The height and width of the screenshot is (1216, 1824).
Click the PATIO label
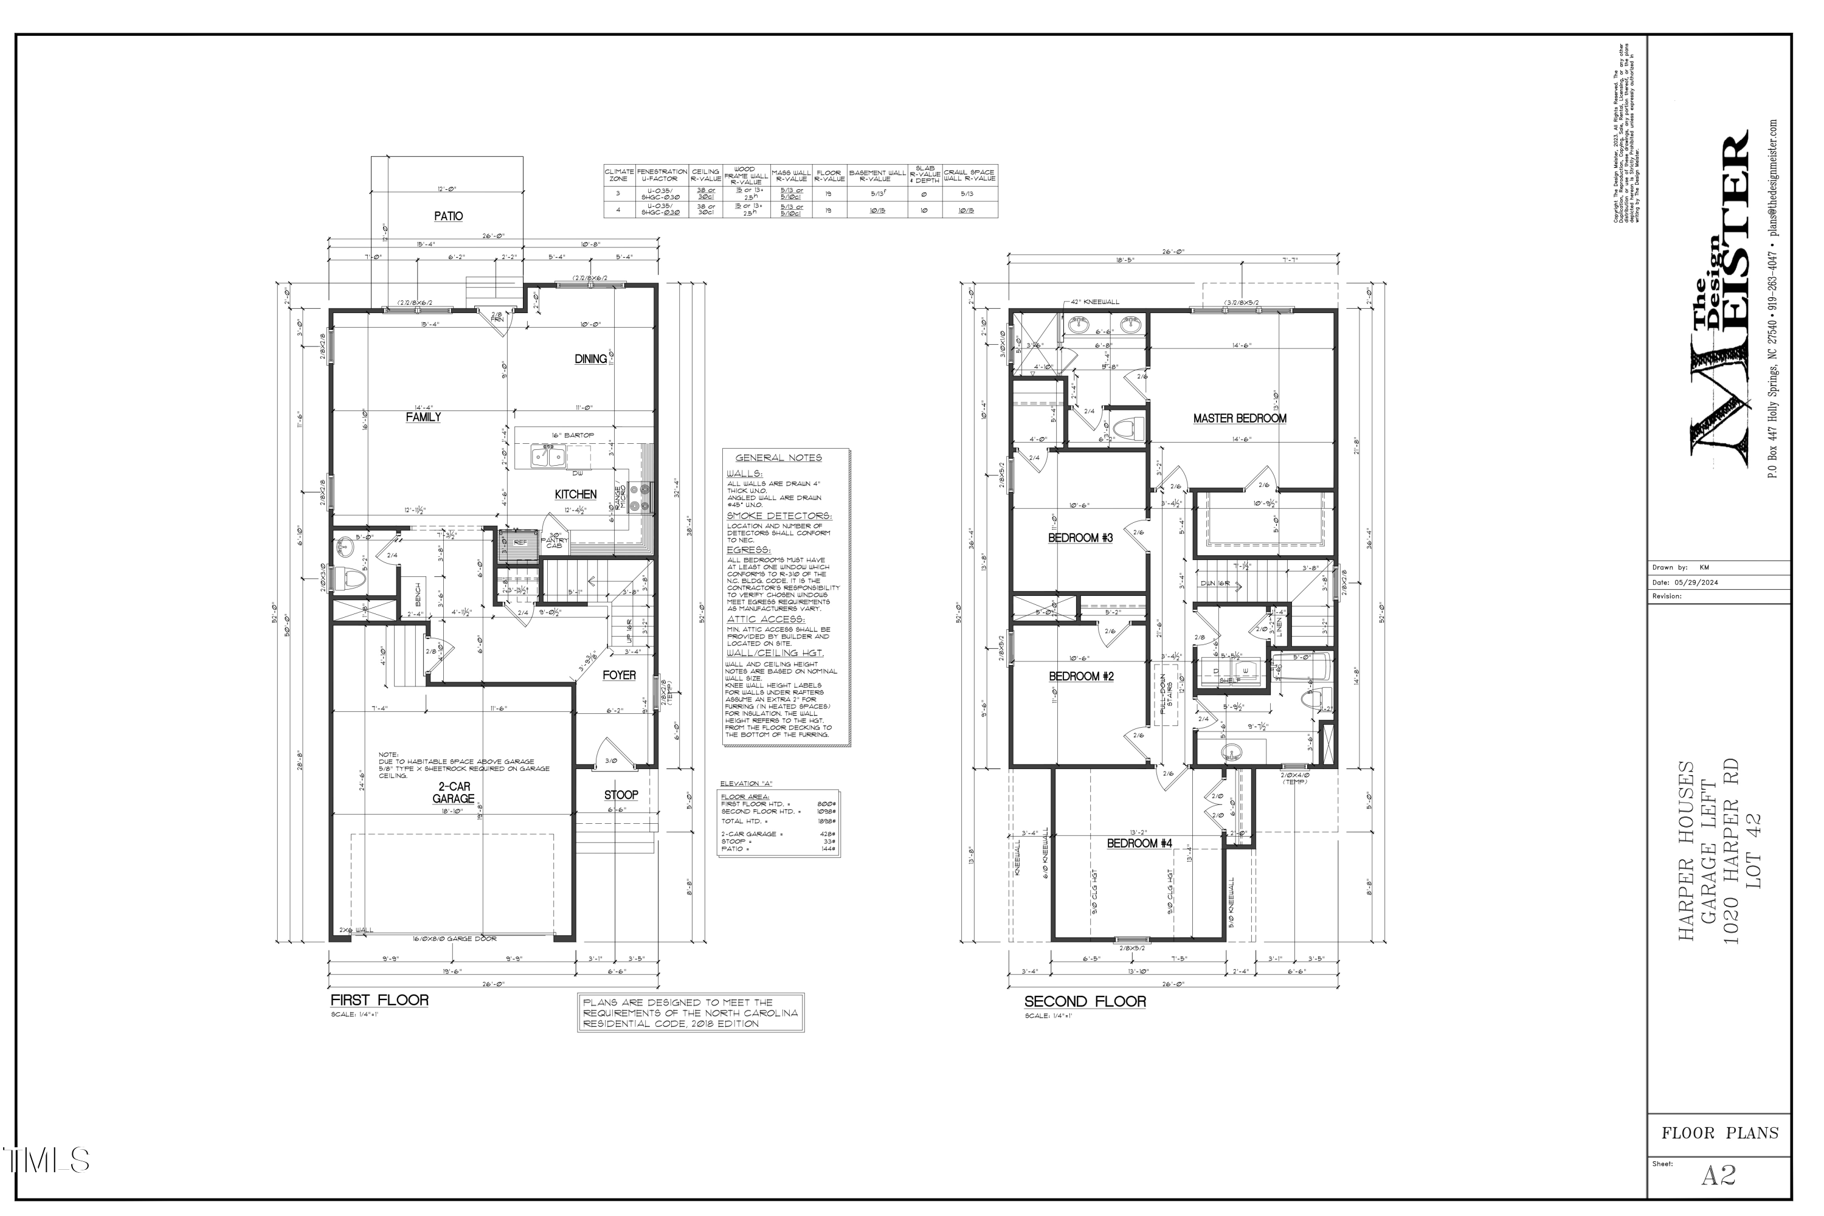pyautogui.click(x=448, y=216)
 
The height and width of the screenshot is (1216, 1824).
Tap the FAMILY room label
pyautogui.click(x=423, y=417)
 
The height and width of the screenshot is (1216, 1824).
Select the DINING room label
pyautogui.click(x=591, y=359)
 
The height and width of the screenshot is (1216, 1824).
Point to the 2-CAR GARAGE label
pyautogui.click(x=453, y=793)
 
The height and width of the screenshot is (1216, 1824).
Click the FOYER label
pyautogui.click(x=619, y=675)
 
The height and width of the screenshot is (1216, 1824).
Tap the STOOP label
pyautogui.click(x=621, y=795)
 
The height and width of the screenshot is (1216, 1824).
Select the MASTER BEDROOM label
pyautogui.click(x=1239, y=419)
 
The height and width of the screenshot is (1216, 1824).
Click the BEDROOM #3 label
pyautogui.click(x=1080, y=538)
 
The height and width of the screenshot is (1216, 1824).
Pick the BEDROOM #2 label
pyautogui.click(x=1081, y=677)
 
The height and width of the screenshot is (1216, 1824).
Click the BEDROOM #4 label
pyautogui.click(x=1138, y=844)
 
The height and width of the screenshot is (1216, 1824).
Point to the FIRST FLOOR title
pyautogui.click(x=379, y=1000)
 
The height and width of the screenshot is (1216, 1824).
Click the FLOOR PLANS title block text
pyautogui.click(x=1719, y=1133)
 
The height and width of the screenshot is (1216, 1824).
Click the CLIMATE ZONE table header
pyautogui.click(x=619, y=174)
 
